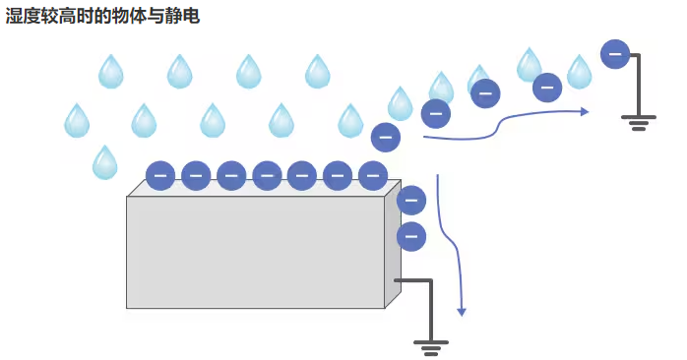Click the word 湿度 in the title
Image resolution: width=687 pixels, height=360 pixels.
(x=23, y=17)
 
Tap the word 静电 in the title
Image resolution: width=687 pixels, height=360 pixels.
(x=184, y=17)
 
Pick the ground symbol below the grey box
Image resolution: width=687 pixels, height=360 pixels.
(x=429, y=345)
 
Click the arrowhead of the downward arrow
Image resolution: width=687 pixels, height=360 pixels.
(x=461, y=311)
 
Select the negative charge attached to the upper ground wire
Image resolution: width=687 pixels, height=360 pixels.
(x=615, y=53)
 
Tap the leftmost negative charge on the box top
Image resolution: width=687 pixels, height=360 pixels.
(x=160, y=176)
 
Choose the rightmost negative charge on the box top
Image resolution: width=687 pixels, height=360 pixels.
(x=373, y=176)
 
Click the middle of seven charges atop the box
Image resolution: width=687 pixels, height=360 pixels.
(x=267, y=176)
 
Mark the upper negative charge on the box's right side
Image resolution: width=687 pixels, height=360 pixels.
(x=410, y=201)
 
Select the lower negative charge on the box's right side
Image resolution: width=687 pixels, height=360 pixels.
(x=410, y=237)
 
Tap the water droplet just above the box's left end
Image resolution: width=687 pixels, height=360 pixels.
(x=104, y=162)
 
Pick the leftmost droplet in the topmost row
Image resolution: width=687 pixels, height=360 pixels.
(x=110, y=72)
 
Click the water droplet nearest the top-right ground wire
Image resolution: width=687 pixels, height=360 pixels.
(x=580, y=72)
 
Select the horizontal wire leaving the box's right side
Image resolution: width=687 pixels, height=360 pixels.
(x=413, y=281)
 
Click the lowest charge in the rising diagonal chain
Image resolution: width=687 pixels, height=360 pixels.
(x=386, y=137)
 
